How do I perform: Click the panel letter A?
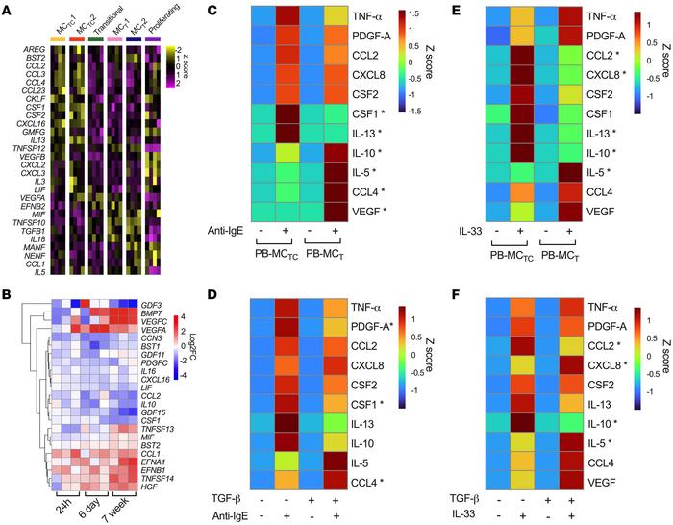tap(8, 8)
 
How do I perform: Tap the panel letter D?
tap(226, 273)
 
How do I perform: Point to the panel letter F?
tap(451, 273)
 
